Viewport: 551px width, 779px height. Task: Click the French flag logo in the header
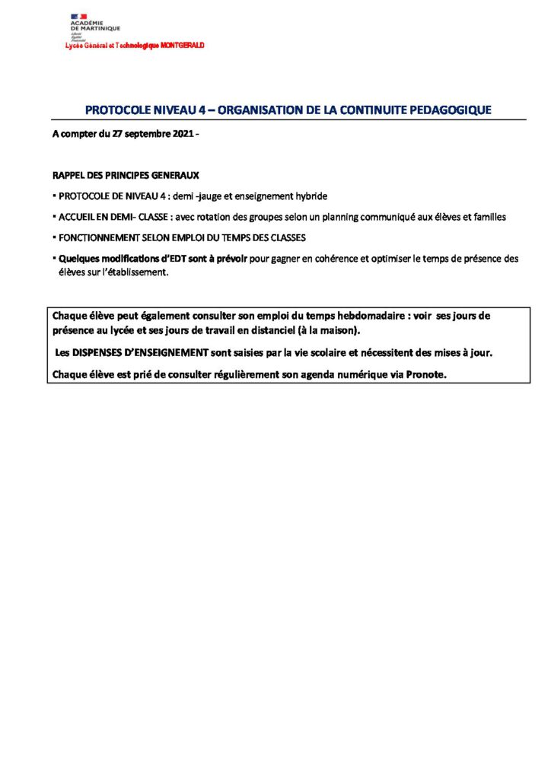[x=78, y=16]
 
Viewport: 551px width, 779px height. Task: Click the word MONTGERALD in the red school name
[x=183, y=46]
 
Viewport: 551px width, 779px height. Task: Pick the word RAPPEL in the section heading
[x=68, y=175]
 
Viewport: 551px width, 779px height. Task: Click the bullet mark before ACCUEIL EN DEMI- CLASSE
[x=55, y=217]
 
